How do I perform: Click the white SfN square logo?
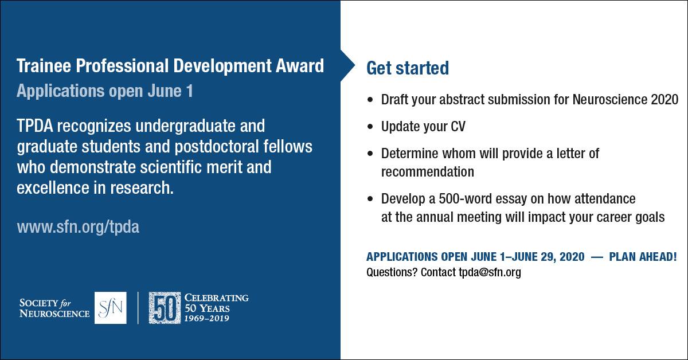tap(110, 308)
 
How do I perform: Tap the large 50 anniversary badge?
tap(165, 308)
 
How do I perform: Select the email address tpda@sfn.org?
tap(490, 272)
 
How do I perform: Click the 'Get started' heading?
tap(408, 68)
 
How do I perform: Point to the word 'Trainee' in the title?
tap(44, 66)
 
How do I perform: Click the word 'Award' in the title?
tap(300, 66)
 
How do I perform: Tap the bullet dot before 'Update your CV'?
tap(370, 127)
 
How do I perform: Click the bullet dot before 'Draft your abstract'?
tap(370, 100)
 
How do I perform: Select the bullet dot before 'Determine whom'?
tap(370, 154)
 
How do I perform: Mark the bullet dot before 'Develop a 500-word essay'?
tap(370, 199)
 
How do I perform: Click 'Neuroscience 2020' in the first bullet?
tap(626, 100)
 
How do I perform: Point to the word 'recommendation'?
tap(428, 172)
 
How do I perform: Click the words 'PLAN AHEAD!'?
tap(643, 257)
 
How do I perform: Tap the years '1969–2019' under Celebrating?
tap(207, 319)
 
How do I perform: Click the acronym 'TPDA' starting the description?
tap(35, 126)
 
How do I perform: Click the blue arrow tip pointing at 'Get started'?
tap(355, 65)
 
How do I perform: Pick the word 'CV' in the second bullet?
tap(458, 127)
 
